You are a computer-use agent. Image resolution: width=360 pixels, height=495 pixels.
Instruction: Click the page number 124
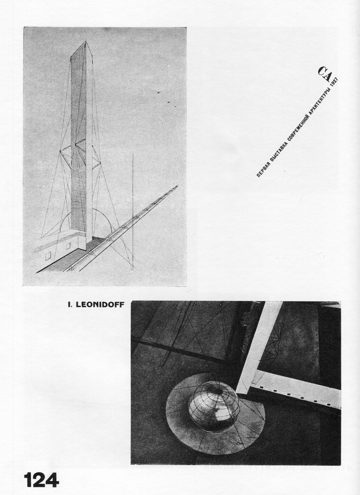click(41, 480)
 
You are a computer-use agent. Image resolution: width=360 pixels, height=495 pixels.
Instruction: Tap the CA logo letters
click(324, 74)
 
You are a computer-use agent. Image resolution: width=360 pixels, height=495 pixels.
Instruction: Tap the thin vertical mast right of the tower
click(133, 198)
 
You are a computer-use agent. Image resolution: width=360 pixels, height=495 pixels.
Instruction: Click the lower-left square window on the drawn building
click(48, 256)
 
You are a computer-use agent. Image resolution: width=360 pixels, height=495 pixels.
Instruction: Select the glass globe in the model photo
click(213, 406)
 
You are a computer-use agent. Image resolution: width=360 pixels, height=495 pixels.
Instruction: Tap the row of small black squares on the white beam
click(297, 395)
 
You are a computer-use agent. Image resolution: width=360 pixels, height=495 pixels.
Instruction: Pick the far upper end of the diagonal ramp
click(177, 186)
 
